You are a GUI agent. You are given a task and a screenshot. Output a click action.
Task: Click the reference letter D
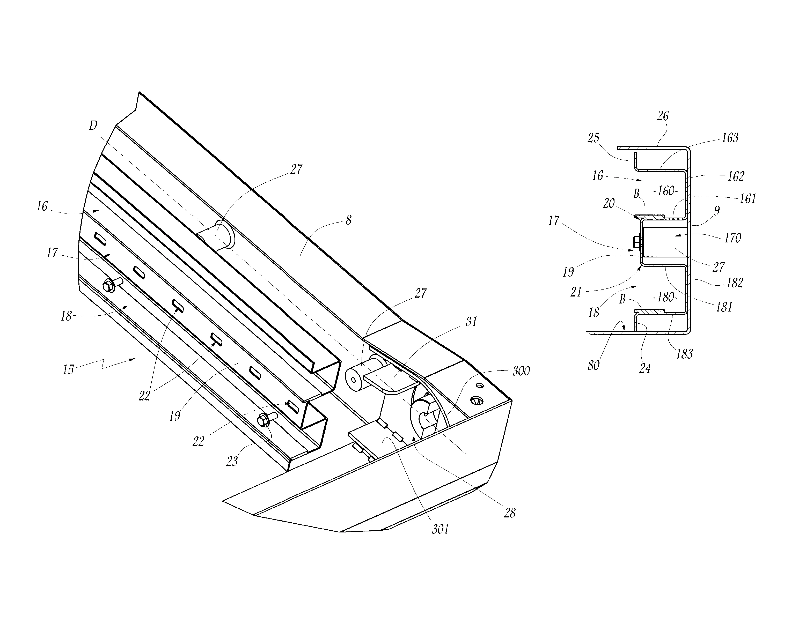point(93,125)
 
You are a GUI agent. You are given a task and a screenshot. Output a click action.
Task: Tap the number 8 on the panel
point(348,220)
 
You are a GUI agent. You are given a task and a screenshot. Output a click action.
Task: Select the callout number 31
point(471,321)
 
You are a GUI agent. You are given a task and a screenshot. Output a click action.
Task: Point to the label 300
point(521,371)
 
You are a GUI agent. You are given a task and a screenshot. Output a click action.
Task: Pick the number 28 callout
point(509,513)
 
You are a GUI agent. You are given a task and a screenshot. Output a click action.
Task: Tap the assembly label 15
point(68,369)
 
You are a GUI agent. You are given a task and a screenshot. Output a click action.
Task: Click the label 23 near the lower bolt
point(232,461)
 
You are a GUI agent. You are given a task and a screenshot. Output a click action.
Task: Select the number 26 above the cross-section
point(663,116)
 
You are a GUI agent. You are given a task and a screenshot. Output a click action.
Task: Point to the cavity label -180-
point(665,297)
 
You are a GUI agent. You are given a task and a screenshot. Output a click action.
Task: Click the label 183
point(684,354)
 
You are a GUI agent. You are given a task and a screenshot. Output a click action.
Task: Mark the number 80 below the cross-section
point(593,365)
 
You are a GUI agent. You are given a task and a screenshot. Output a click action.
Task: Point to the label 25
point(593,138)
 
